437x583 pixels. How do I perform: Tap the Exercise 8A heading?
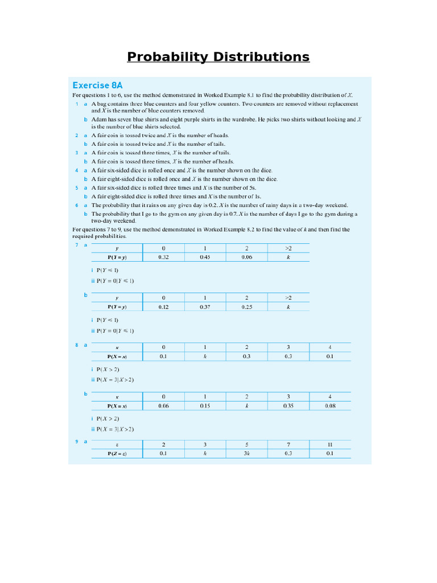(97, 85)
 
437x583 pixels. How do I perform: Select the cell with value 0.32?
(163, 257)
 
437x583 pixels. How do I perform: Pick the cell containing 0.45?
(205, 257)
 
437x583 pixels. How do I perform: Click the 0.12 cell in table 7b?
(163, 306)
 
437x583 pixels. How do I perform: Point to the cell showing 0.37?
(205, 306)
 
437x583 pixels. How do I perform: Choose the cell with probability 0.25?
(246, 306)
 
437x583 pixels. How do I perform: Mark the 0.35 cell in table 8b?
(288, 406)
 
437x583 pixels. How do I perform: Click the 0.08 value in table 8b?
(329, 406)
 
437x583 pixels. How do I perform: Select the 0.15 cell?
(205, 406)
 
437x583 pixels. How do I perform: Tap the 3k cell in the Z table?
(246, 453)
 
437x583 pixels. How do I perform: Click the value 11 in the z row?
(329, 444)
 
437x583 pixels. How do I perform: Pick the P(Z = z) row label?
(117, 453)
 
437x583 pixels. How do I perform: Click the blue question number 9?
(77, 441)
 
